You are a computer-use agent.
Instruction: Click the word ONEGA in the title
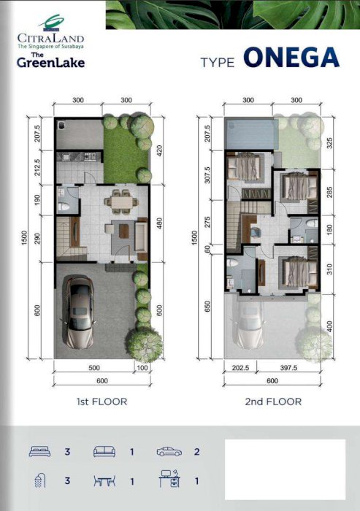pyautogui.click(x=291, y=58)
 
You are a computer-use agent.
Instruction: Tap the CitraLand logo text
pyautogui.click(x=51, y=38)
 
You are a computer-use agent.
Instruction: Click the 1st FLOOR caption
pyautogui.click(x=102, y=401)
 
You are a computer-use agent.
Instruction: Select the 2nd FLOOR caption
pyautogui.click(x=273, y=401)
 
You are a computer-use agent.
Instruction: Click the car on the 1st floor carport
pyautogui.click(x=79, y=311)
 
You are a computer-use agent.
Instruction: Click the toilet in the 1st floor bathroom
pyautogui.click(x=64, y=207)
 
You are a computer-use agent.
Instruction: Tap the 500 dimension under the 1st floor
pyautogui.click(x=94, y=368)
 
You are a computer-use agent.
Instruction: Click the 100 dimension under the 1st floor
pyautogui.click(x=142, y=368)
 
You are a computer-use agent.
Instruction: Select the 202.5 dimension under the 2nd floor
pyautogui.click(x=241, y=368)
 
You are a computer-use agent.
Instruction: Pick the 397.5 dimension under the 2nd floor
pyautogui.click(x=288, y=368)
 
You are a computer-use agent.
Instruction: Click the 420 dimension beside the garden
pyautogui.click(x=159, y=151)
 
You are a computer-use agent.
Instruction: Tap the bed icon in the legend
pyautogui.click(x=39, y=451)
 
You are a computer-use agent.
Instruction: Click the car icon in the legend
pyautogui.click(x=169, y=452)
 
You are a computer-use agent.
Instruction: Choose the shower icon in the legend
pyautogui.click(x=40, y=480)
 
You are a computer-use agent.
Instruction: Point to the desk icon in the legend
pyautogui.click(x=170, y=479)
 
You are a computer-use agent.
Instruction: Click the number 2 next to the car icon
pyautogui.click(x=196, y=452)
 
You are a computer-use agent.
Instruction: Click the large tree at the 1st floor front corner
pyautogui.click(x=145, y=345)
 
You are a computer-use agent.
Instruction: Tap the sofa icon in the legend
pyautogui.click(x=104, y=452)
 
